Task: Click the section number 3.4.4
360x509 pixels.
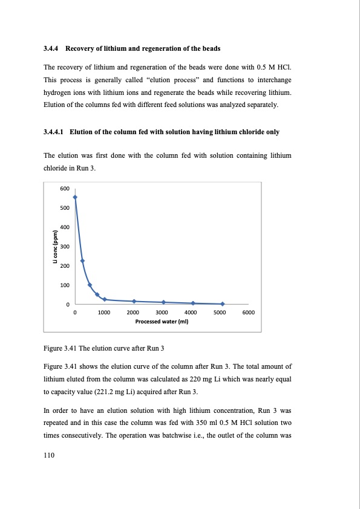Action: tap(51, 48)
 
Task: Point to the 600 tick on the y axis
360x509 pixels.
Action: tap(65, 189)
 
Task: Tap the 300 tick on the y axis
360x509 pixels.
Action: tap(65, 247)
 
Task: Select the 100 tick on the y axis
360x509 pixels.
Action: tap(65, 285)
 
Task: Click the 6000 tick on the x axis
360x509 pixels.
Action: tap(248, 313)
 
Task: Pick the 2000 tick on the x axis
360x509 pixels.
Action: tap(133, 313)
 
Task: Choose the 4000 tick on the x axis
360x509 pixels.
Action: tap(190, 313)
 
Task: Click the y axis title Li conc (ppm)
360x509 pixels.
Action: tap(54, 247)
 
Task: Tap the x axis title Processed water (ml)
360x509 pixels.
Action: tap(162, 322)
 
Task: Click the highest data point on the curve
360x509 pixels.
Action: tap(75, 197)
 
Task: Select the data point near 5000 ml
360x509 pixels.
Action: tap(222, 303)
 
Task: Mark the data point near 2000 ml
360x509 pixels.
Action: tap(134, 301)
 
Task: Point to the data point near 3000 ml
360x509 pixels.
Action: tap(163, 302)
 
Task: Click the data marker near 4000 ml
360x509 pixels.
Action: tap(192, 303)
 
